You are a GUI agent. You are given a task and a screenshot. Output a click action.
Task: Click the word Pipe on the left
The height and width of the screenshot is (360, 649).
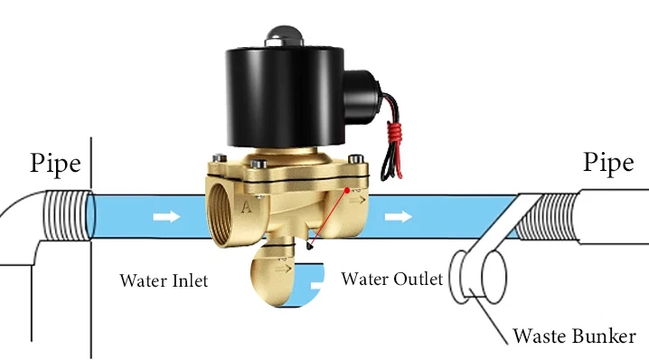tap(55, 163)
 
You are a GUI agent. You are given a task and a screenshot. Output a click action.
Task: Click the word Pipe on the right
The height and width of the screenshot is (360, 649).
tap(607, 163)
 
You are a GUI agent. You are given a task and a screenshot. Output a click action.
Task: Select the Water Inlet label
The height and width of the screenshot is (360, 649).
tap(164, 280)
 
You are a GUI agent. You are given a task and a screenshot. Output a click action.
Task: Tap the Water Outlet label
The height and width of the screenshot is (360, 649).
tap(391, 279)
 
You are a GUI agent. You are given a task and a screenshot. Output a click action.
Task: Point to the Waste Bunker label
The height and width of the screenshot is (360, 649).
tap(574, 336)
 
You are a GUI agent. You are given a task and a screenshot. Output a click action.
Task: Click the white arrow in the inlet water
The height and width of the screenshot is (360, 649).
tap(165, 217)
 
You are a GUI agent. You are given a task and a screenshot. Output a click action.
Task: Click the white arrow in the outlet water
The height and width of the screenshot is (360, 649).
tap(397, 217)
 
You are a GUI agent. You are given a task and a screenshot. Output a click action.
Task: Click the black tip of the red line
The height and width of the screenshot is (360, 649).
tap(310, 244)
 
